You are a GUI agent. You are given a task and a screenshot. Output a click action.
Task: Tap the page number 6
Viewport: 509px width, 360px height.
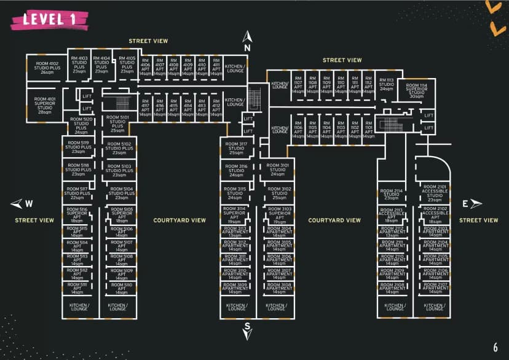pyautogui.click(x=495, y=347)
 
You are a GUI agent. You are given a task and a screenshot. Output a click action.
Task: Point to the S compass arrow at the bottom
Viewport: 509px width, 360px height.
pyautogui.click(x=247, y=330)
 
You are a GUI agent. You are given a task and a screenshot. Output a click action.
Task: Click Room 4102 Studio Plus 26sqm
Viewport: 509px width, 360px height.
pyautogui.click(x=47, y=68)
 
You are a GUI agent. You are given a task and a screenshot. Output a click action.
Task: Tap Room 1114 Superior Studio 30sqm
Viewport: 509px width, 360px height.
pyautogui.click(x=416, y=90)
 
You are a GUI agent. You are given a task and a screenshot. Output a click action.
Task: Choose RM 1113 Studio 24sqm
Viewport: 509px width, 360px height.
pyautogui.click(x=386, y=84)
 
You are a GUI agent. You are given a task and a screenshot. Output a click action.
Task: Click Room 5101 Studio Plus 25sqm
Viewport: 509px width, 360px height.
pyautogui.click(x=118, y=123)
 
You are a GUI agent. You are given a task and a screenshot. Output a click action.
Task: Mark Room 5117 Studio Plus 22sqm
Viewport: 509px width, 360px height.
pyautogui.click(x=77, y=194)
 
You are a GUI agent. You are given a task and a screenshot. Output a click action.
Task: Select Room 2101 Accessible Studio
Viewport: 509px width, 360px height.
pyautogui.click(x=433, y=192)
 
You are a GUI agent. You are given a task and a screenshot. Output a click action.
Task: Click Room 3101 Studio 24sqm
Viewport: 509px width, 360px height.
pyautogui.click(x=274, y=170)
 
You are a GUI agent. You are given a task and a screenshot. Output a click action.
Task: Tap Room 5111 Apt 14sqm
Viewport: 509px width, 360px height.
pyautogui.click(x=77, y=288)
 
